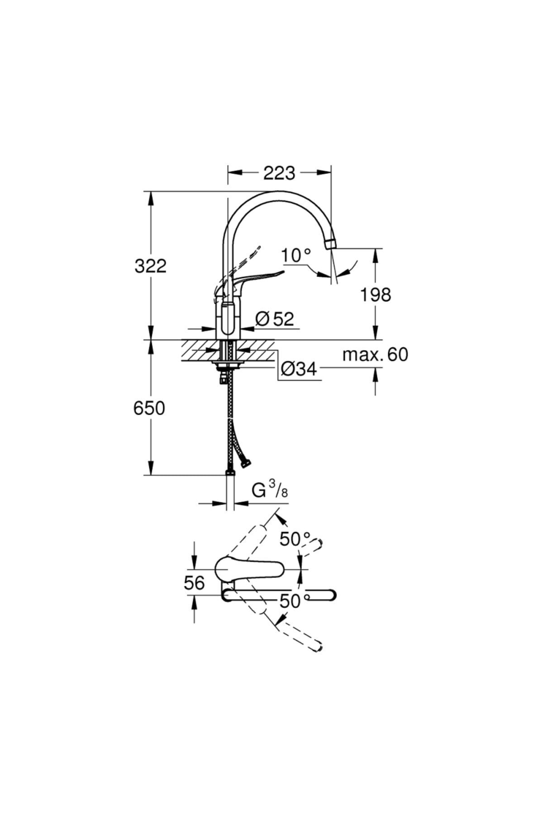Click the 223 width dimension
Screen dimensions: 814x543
pos(279,172)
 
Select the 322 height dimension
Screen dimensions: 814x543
pos(151,266)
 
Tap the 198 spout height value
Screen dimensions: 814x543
pos(375,295)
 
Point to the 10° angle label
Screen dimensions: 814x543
pos(296,256)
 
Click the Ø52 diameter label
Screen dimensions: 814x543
pos(275,319)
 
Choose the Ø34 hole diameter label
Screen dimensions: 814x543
pos(298,369)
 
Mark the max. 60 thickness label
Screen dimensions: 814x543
pos(375,355)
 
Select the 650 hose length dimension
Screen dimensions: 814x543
pos(149,408)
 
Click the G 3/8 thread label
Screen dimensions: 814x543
pos(270,491)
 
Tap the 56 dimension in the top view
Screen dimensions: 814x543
pos(195,583)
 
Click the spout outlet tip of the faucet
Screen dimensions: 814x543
pos(331,243)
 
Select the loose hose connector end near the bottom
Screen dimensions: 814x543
pos(246,463)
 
